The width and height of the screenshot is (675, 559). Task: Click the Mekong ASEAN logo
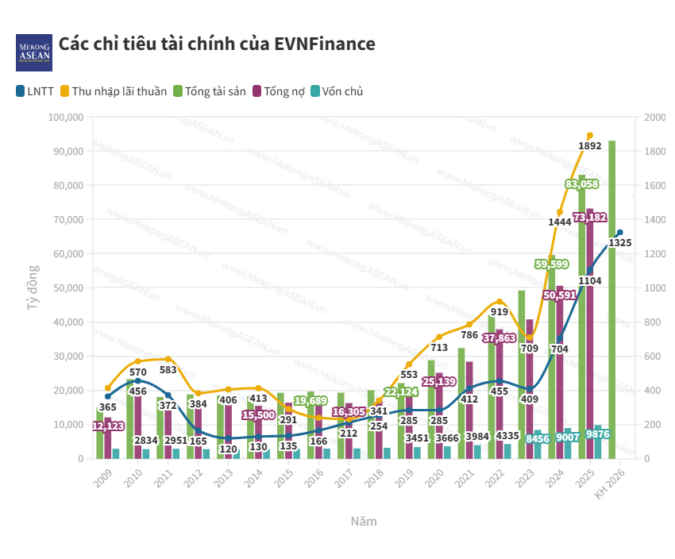coord(33,52)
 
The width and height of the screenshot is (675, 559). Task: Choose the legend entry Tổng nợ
coord(284,91)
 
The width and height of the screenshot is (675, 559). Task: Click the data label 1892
coord(590,146)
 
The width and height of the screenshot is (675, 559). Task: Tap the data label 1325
coord(620,243)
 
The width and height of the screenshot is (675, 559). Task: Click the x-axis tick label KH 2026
coord(609,481)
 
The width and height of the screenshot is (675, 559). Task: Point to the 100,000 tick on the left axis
coord(66,118)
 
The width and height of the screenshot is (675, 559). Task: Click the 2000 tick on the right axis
coord(655,118)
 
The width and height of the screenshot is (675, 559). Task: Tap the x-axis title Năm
coord(364,522)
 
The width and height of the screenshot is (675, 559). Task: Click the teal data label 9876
coord(597,434)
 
